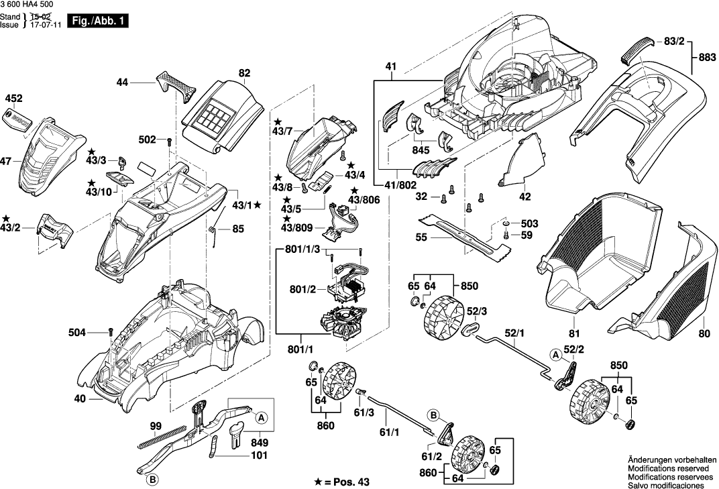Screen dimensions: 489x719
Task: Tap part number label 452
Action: [13, 99]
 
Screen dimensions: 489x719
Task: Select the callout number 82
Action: [244, 72]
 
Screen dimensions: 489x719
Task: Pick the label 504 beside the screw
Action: [77, 332]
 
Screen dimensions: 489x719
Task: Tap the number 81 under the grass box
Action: [573, 333]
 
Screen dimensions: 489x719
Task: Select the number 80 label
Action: [702, 333]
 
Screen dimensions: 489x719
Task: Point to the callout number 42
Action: [524, 197]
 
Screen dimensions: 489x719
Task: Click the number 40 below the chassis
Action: [80, 399]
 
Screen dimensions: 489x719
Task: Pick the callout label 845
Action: [421, 150]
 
